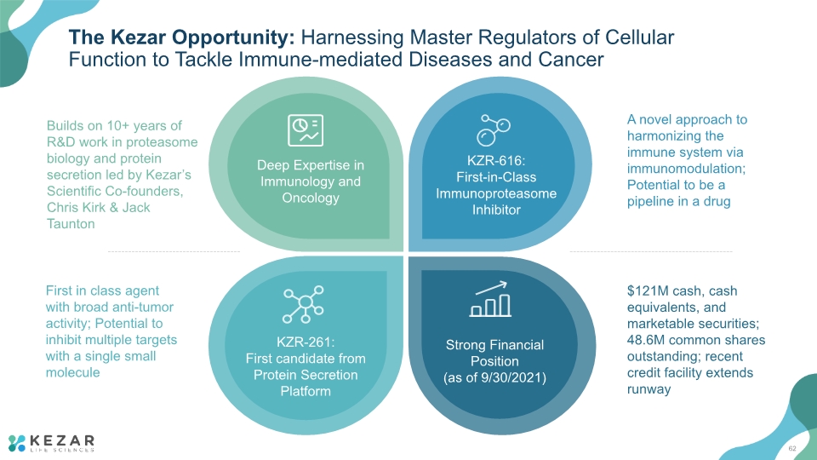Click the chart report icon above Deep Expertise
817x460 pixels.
click(306, 129)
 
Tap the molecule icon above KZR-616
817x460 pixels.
click(493, 129)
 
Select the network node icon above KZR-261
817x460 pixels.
click(303, 304)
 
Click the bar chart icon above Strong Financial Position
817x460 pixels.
click(490, 299)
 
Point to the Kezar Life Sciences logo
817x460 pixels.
click(52, 443)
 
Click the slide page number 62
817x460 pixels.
click(792, 449)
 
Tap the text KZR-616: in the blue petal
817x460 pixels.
click(496, 161)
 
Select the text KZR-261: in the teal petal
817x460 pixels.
click(306, 342)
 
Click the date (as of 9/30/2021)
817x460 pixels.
click(494, 377)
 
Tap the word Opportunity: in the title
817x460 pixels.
click(233, 37)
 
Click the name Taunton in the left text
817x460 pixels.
click(71, 224)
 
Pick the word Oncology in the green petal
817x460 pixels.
click(311, 198)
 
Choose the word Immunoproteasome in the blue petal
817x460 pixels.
click(496, 193)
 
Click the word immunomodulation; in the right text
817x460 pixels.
click(686, 169)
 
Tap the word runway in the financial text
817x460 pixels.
click(648, 389)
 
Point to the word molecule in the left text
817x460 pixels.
click(72, 372)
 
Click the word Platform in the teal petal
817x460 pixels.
click(306, 391)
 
